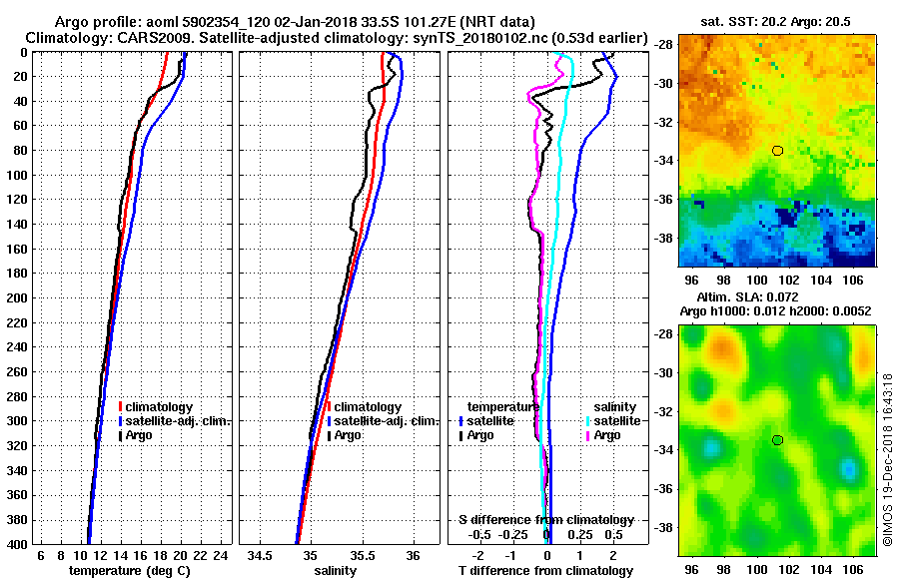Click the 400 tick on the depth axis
(x=15, y=544)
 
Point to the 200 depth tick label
(x=15, y=297)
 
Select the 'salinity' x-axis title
(x=335, y=571)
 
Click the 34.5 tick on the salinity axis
(x=261, y=555)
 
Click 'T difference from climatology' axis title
(x=545, y=571)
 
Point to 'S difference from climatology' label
(x=545, y=520)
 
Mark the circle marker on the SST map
(x=777, y=151)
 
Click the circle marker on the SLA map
(x=777, y=440)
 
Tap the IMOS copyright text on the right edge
(x=887, y=459)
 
